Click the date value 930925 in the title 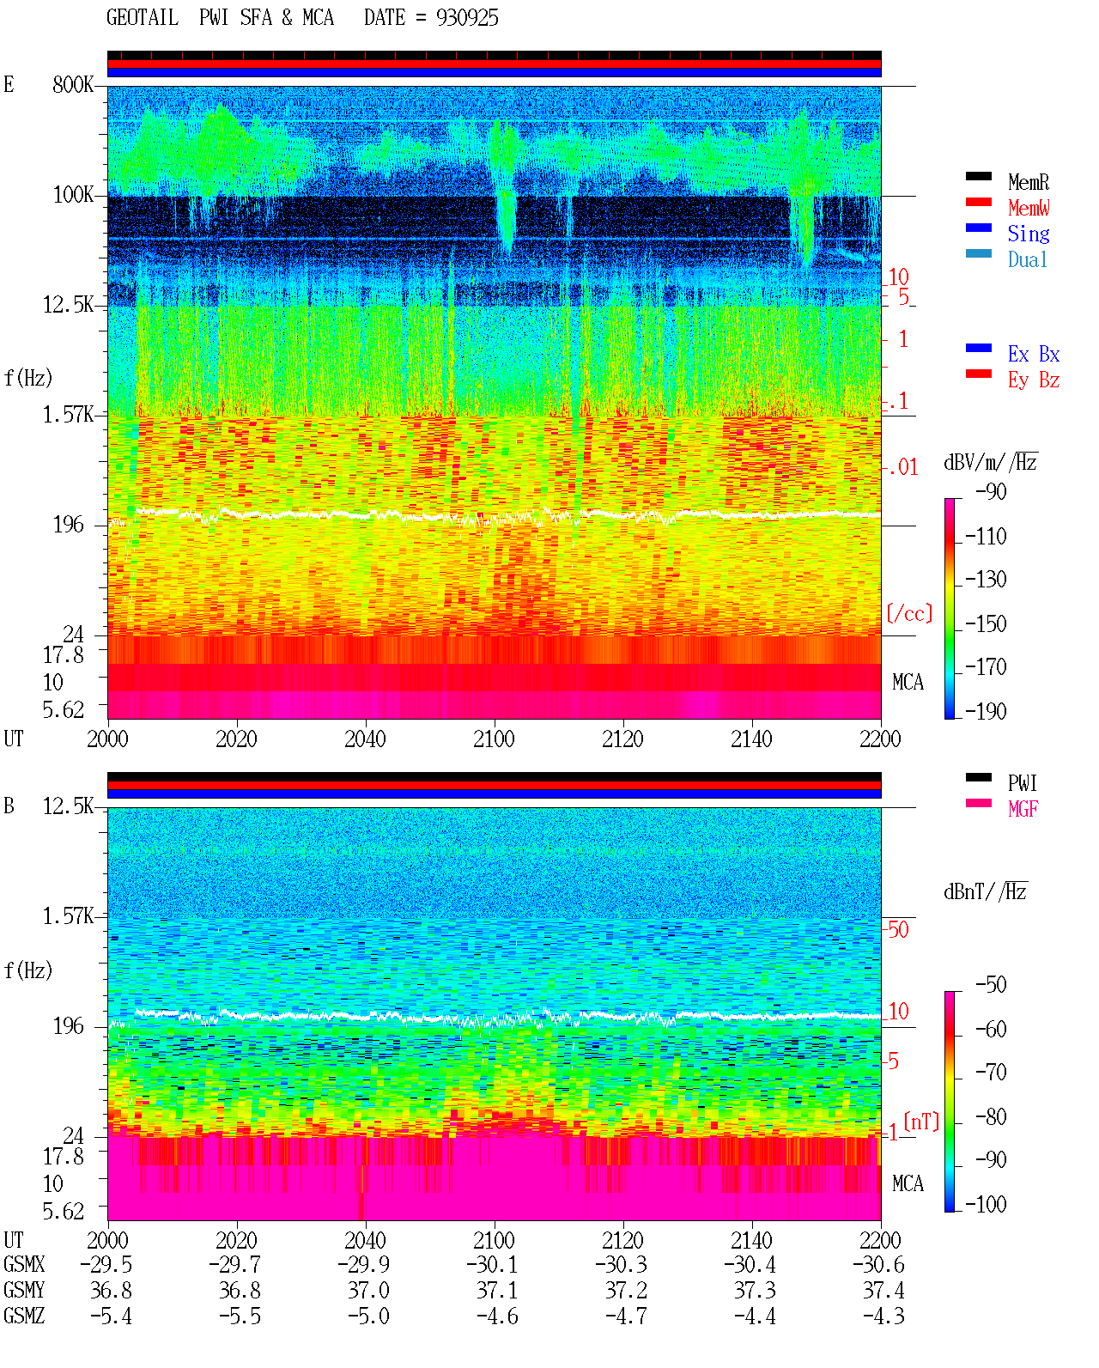click(x=467, y=17)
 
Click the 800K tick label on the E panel click(x=72, y=84)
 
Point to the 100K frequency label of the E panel click(x=72, y=195)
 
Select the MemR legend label click(x=1028, y=182)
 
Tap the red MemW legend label click(x=1028, y=208)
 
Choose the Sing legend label click(x=1028, y=234)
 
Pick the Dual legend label click(x=1028, y=259)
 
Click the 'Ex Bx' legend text click(x=1034, y=354)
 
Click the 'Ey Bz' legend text click(x=1034, y=380)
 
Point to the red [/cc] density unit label click(x=909, y=613)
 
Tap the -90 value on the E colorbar click(x=991, y=491)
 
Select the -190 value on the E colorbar click(x=986, y=711)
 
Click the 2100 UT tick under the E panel click(x=494, y=739)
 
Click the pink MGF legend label click(x=1023, y=809)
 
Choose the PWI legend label click(x=1023, y=782)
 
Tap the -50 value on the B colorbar click(x=991, y=985)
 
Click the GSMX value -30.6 click(x=878, y=1265)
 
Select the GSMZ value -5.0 click(x=368, y=1316)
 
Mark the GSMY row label click(x=24, y=1291)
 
